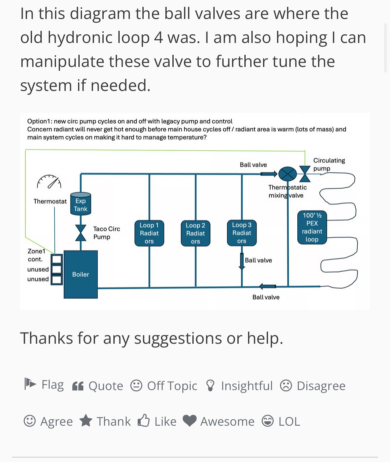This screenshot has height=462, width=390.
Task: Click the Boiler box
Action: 81,274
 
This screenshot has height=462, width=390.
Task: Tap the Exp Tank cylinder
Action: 81,204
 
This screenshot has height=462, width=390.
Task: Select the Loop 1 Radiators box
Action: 149,233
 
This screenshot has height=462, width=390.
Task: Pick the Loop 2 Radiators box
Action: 195,233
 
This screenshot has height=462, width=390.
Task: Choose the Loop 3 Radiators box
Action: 242,233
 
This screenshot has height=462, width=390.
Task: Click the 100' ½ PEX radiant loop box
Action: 312,228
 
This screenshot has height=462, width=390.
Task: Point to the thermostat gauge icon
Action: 49,182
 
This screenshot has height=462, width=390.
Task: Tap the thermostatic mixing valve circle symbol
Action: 287,174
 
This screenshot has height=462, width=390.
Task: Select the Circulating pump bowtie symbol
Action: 305,174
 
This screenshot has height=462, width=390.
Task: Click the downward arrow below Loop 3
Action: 242,261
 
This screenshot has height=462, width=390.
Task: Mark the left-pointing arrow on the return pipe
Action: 267,286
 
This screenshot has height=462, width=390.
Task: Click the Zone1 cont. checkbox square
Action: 57,259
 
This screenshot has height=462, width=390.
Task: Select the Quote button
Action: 98,386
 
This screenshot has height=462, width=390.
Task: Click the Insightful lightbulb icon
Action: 210,385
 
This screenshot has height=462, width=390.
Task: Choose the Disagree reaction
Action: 313,386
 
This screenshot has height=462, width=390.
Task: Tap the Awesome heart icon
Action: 190,421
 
